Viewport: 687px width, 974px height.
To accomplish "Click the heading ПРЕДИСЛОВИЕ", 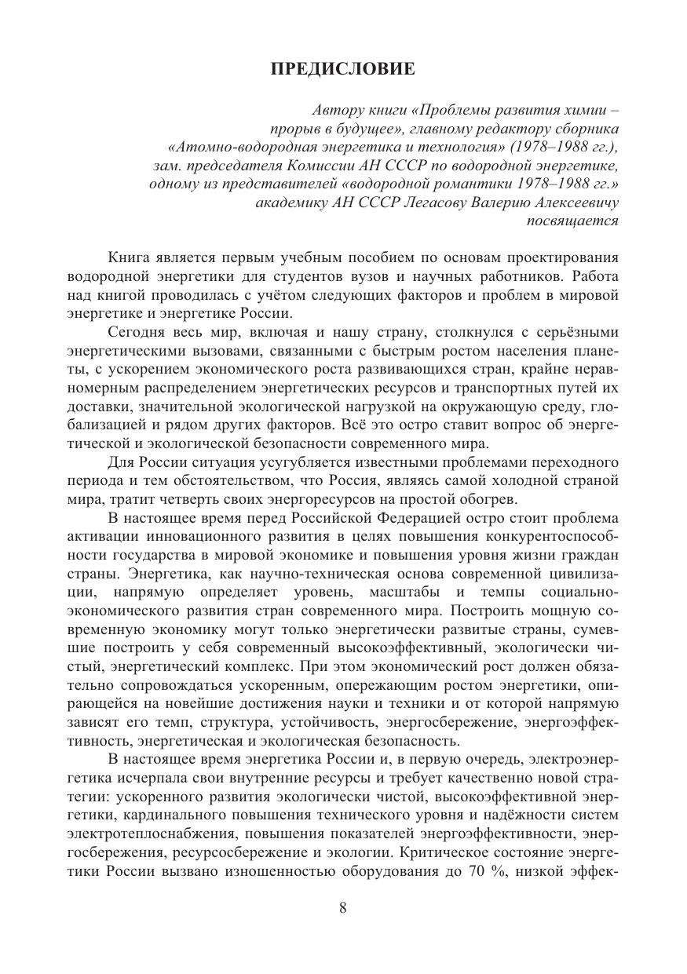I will [x=343, y=70].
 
